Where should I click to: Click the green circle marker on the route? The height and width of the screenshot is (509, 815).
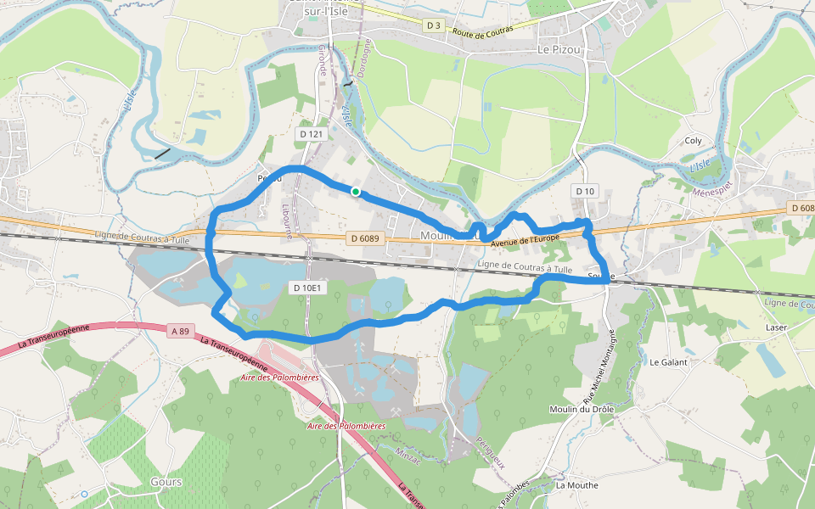(x=356, y=192)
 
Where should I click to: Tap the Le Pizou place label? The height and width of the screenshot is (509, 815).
(x=558, y=49)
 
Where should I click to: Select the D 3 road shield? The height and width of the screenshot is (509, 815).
(x=434, y=25)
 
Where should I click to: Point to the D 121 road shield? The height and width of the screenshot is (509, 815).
(x=312, y=134)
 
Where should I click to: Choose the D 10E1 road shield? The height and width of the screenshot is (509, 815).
(x=307, y=288)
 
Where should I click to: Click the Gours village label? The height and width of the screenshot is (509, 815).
(x=166, y=482)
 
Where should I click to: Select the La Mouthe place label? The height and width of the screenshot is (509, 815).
(x=576, y=485)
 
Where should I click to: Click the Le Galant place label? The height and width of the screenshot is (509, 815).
(x=668, y=361)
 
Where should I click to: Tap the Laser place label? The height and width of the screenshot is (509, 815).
(x=776, y=327)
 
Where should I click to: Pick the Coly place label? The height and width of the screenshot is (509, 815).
(x=694, y=141)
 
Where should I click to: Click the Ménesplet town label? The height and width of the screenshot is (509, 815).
(x=711, y=191)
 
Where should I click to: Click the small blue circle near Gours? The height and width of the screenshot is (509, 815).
(x=84, y=494)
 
